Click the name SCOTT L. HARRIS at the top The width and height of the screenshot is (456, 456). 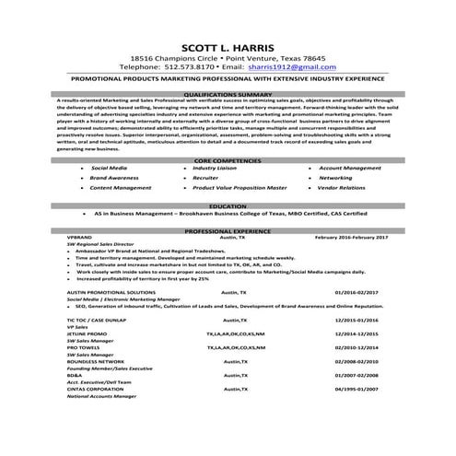[228, 49]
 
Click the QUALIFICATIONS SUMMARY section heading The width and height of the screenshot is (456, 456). [228, 93]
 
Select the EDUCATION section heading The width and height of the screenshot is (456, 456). [228, 206]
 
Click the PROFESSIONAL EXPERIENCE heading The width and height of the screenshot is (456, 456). [228, 231]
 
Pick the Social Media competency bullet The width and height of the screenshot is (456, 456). [110, 169]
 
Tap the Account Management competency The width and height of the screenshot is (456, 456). [349, 169]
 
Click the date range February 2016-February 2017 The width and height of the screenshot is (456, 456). [351, 238]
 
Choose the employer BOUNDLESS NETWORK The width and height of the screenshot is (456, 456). [94, 361]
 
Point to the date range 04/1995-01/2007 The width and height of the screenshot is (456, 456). [356, 389]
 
